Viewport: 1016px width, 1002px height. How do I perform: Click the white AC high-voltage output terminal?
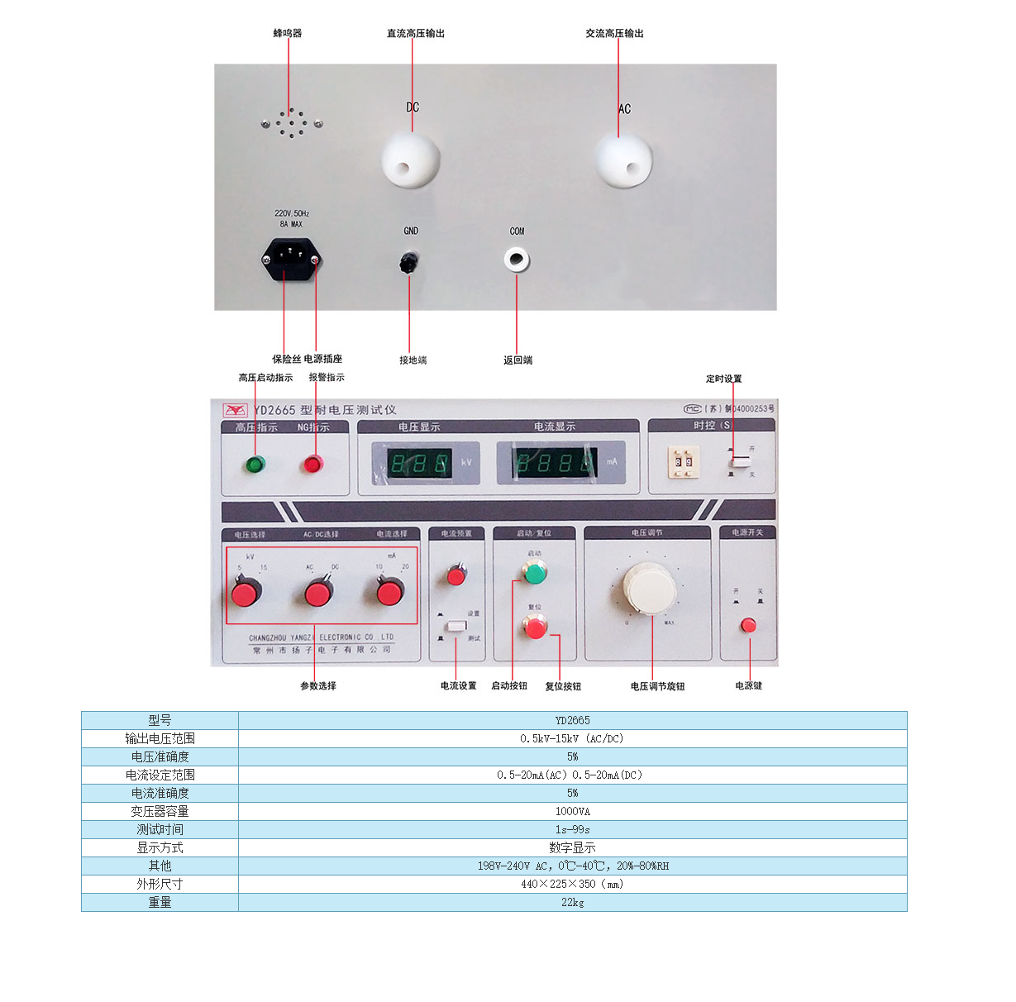(624, 160)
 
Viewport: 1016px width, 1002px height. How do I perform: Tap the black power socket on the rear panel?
(290, 260)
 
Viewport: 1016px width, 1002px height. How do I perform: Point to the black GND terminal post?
(408, 262)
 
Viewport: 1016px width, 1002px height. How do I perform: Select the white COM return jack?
(517, 260)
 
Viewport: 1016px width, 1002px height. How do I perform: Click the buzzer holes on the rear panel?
(292, 124)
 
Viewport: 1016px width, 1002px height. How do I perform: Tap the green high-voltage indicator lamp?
(255, 464)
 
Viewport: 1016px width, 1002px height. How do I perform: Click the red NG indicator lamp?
(312, 464)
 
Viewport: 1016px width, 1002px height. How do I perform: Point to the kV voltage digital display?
(421, 463)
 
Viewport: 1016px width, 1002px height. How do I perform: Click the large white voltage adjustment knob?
(650, 588)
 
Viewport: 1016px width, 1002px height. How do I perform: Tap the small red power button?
(748, 625)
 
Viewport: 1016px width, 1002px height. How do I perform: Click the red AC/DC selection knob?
(318, 592)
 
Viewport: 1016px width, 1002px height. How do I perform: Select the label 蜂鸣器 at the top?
(288, 33)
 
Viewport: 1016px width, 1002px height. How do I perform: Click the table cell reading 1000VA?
(572, 811)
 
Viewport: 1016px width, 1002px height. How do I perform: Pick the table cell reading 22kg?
(572, 902)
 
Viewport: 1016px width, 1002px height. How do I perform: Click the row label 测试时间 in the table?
(160, 829)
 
